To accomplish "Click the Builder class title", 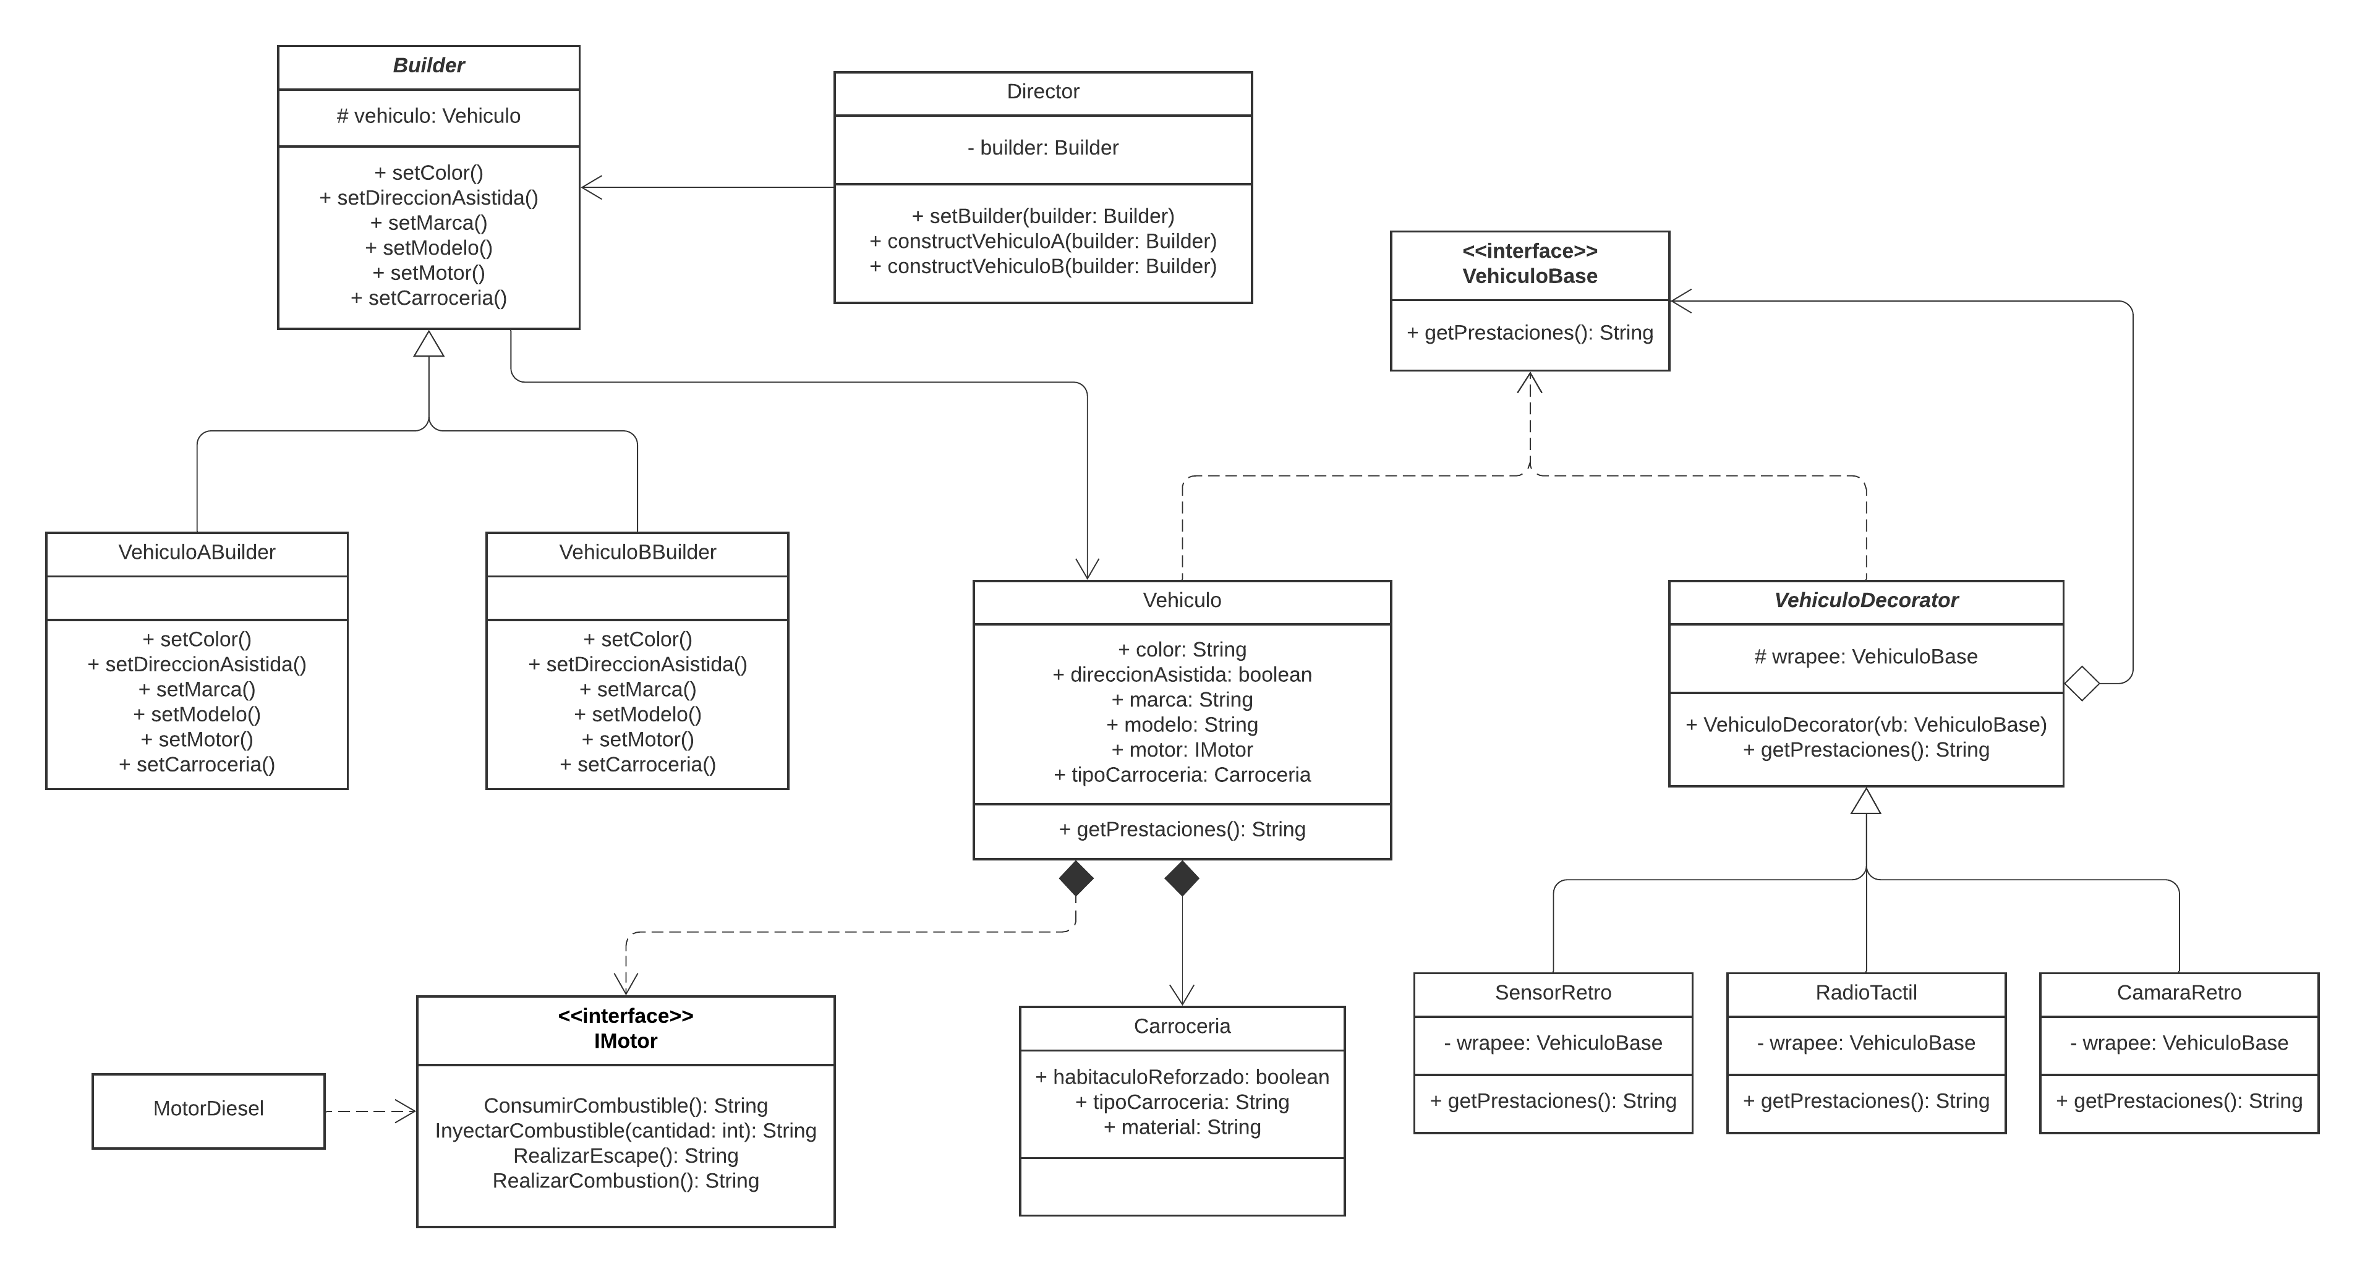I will point(428,65).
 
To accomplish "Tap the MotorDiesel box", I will point(208,1109).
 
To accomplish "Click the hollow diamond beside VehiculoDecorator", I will point(2081,683).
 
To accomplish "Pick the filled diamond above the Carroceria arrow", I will point(1182,878).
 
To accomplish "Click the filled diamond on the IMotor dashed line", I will point(1076,878).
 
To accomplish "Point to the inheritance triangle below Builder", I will point(428,344).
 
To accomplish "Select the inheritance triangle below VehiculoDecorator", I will point(1865,801).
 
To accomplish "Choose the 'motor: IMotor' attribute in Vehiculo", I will point(1182,750).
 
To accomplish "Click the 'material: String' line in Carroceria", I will point(1182,1127).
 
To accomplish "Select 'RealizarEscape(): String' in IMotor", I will point(625,1155).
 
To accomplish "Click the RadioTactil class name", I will point(1865,992).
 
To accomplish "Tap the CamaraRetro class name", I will point(2179,992).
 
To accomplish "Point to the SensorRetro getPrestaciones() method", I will point(1553,1100).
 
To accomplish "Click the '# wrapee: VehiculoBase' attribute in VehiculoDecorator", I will point(1865,657).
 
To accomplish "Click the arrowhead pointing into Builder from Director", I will point(591,187).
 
